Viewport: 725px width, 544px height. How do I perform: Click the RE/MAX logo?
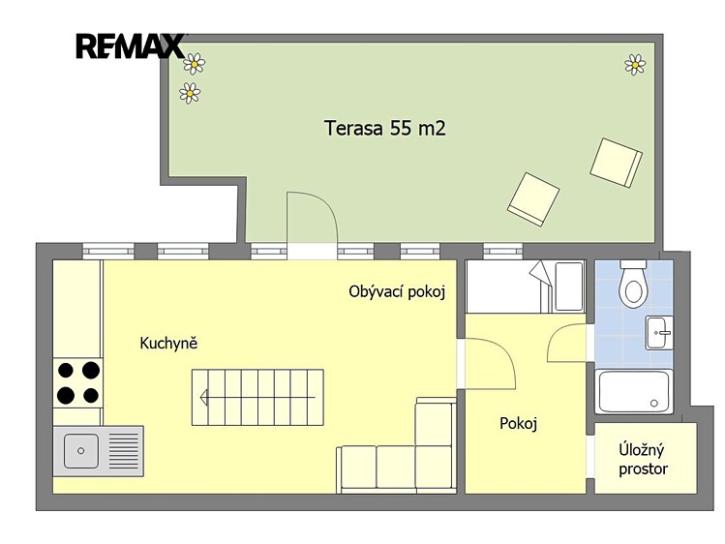coord(131,46)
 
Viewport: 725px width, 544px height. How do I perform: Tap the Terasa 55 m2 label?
coord(385,128)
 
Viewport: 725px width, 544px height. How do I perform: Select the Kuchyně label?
coord(168,343)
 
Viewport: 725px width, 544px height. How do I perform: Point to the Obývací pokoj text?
coord(397,292)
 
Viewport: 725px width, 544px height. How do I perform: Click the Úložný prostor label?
coord(643,459)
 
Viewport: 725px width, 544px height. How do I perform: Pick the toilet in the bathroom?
coord(633,285)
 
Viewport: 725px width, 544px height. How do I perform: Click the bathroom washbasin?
coord(659,333)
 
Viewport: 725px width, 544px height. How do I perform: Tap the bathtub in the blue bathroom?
coord(633,391)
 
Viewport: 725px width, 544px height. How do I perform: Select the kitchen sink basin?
coord(81,451)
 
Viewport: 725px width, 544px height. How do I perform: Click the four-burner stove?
coord(77,382)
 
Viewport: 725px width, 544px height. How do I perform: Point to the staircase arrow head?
coord(203,397)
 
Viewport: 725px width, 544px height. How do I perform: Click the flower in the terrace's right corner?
coord(635,65)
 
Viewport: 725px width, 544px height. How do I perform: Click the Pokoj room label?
coord(518,423)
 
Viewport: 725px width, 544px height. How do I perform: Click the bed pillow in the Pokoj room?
coord(569,287)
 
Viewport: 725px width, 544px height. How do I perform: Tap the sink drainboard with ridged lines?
coord(123,451)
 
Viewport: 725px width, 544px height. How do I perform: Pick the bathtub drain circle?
coord(653,404)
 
